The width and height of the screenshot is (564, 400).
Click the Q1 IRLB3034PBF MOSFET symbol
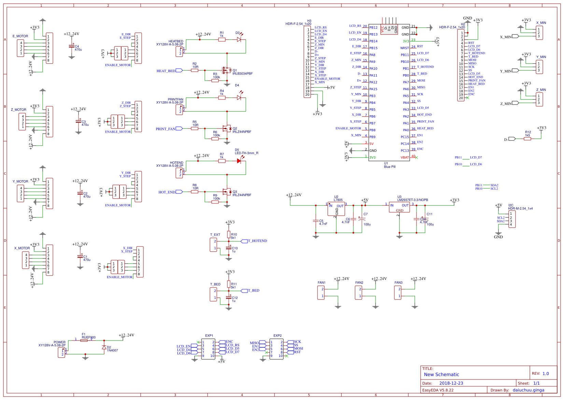point(226,70)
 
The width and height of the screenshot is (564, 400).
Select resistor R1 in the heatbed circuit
point(222,40)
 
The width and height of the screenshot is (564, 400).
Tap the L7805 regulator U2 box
point(336,209)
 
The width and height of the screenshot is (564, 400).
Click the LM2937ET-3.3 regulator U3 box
point(399,207)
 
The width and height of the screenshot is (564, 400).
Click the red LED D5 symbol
point(239,161)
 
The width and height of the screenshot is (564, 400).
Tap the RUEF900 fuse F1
point(84,341)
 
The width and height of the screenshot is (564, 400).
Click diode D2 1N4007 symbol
point(104,347)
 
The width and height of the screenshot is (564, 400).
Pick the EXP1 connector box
point(208,349)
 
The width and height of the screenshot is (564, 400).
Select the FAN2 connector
point(358,293)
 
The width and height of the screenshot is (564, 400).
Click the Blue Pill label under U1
point(390,167)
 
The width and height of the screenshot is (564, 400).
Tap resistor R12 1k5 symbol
point(527,139)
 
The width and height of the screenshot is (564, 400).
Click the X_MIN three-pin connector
point(539,33)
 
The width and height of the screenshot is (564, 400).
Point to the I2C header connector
point(512,219)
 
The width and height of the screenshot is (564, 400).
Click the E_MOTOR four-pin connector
point(20,48)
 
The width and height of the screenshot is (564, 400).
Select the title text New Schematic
point(441,374)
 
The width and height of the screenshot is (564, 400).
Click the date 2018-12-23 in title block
point(451,383)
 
